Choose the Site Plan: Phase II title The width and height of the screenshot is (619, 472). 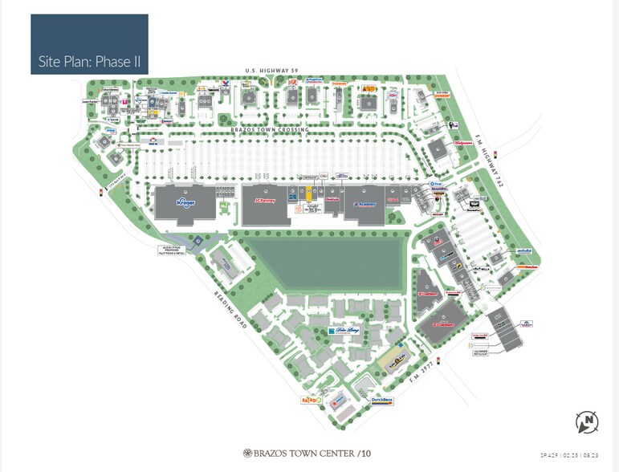pyautogui.click(x=89, y=61)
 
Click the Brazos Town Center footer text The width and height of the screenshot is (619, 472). pyautogui.click(x=309, y=454)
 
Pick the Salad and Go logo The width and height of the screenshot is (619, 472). pyautogui.click(x=311, y=398)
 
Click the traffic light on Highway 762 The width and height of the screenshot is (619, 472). pyautogui.click(x=495, y=154)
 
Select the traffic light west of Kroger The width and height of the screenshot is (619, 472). pyautogui.click(x=101, y=193)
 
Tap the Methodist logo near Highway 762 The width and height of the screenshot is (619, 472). pyautogui.click(x=525, y=250)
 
